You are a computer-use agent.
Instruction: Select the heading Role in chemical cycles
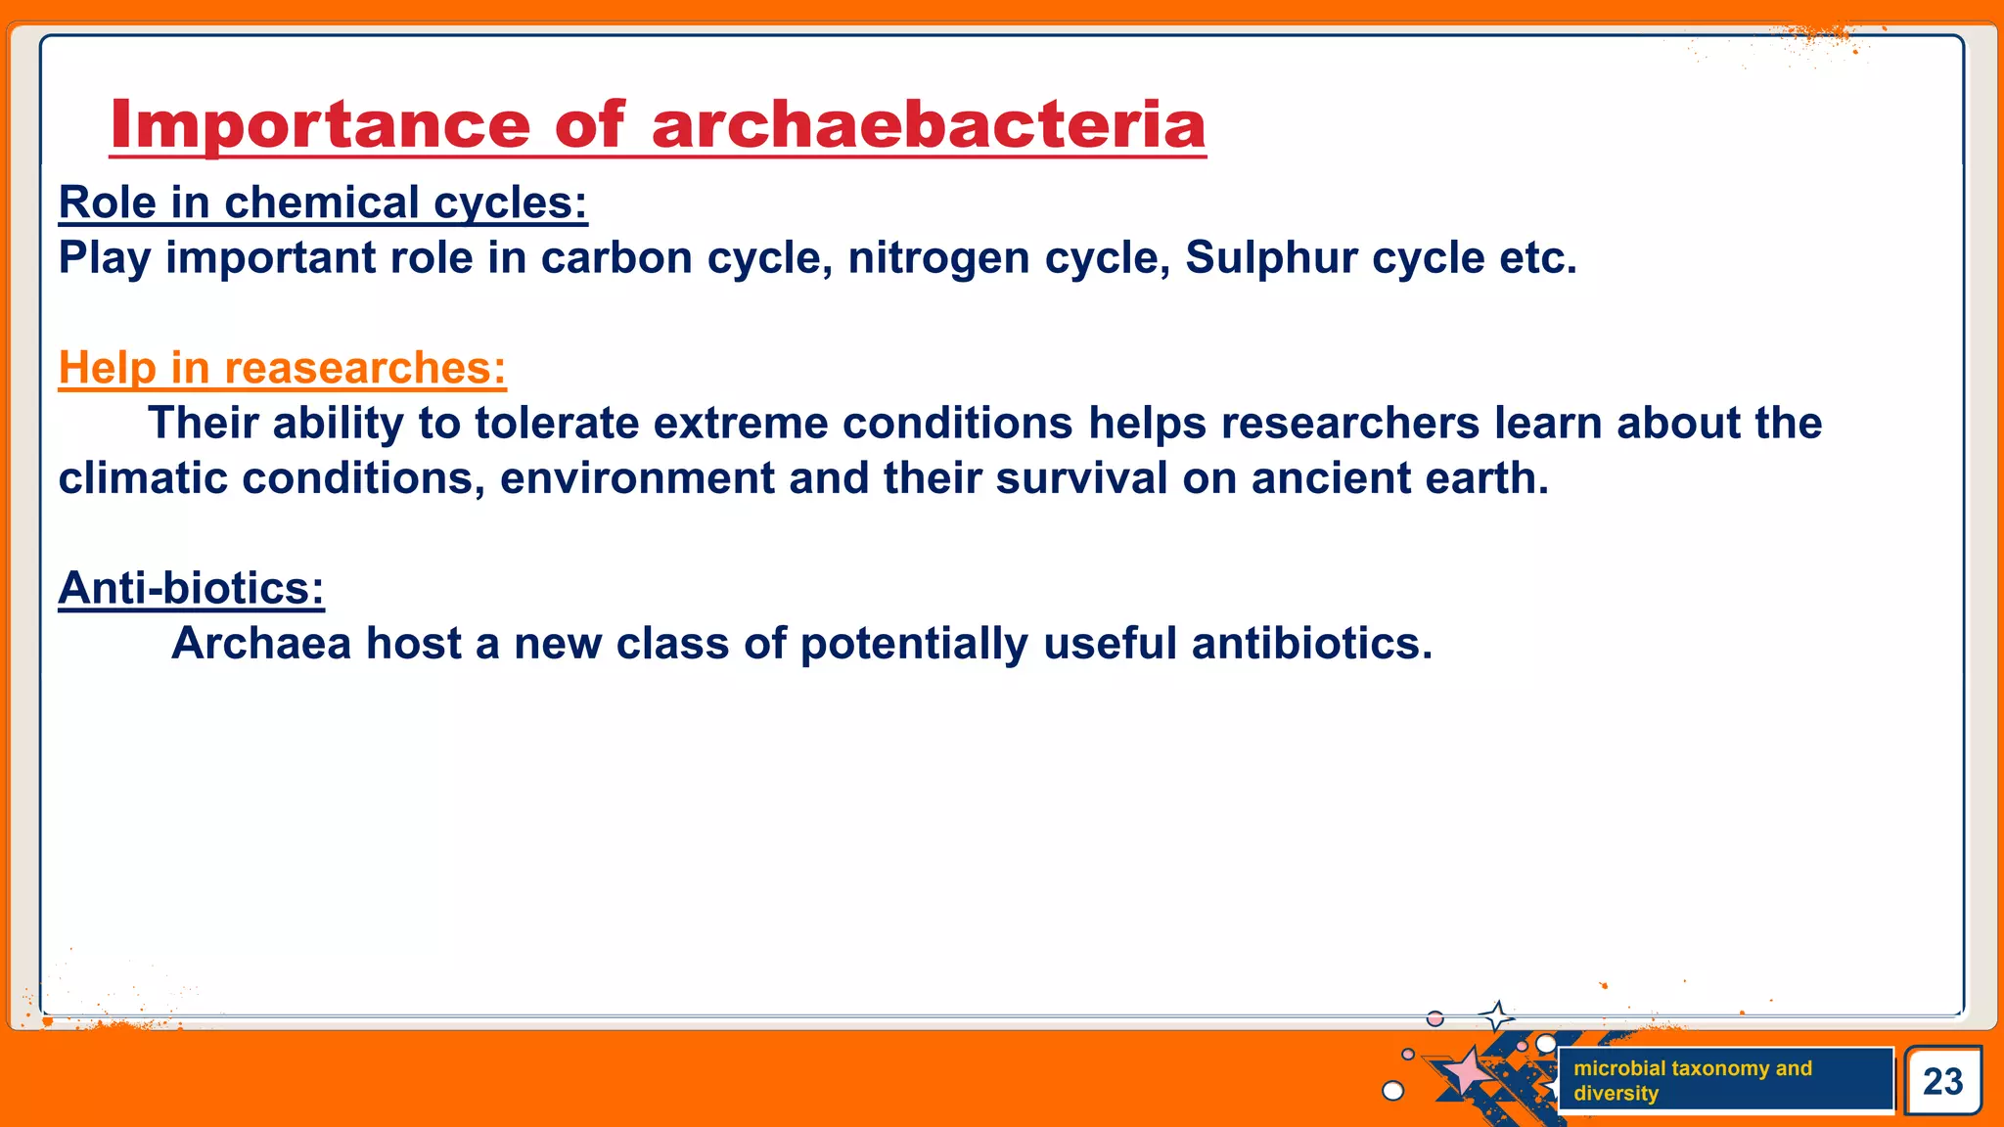point(323,203)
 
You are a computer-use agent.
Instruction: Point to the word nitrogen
point(938,258)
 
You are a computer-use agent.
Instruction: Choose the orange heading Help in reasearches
point(282,368)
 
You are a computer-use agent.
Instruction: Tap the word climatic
point(142,478)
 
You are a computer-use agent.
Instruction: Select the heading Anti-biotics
point(191,589)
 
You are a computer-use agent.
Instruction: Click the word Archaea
point(261,644)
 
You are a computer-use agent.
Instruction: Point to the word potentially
point(914,644)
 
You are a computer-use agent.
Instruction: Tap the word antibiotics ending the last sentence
point(1311,644)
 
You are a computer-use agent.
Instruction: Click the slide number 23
point(1942,1081)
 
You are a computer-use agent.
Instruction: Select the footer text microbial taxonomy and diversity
point(1693,1080)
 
